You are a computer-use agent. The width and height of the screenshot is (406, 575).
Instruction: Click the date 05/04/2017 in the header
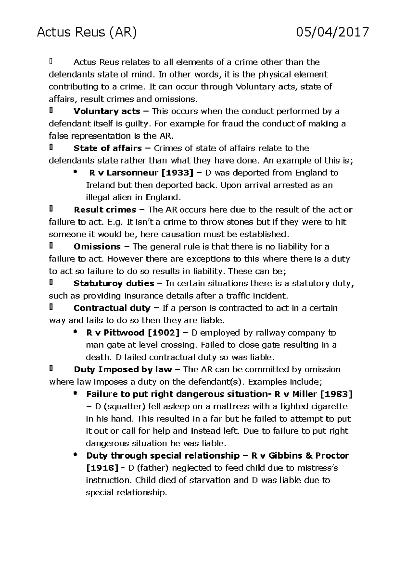[332, 33]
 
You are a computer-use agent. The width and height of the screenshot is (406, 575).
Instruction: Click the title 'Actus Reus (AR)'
[87, 33]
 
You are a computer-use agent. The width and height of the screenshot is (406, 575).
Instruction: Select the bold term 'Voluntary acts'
[107, 111]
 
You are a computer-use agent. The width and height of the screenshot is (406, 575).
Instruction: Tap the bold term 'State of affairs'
[108, 148]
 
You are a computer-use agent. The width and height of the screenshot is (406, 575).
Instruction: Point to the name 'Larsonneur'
[133, 173]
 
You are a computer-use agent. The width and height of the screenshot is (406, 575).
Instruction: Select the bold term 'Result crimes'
[105, 210]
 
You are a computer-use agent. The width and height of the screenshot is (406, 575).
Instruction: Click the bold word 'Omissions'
[97, 247]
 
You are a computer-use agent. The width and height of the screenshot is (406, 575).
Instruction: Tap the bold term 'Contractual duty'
[112, 308]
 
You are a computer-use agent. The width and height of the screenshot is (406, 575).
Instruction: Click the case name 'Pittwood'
[124, 333]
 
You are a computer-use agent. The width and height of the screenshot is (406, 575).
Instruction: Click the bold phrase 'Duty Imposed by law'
[123, 370]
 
